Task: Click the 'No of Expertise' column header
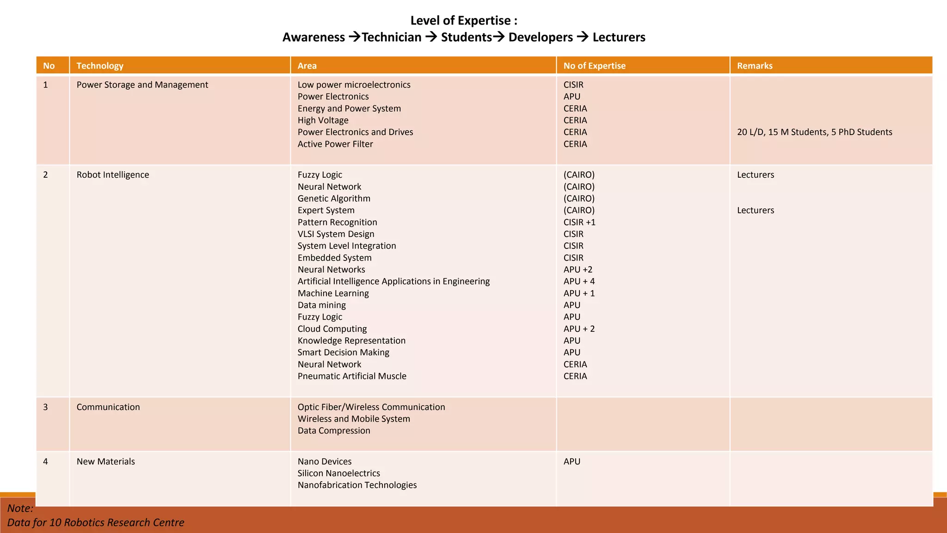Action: [594, 66]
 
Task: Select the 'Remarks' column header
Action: [755, 66]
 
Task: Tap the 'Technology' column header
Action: [100, 66]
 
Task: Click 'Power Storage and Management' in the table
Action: [142, 85]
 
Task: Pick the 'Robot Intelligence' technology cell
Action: [113, 175]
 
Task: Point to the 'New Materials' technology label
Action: [106, 461]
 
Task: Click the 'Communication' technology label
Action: [108, 407]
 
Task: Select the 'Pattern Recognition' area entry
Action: [337, 222]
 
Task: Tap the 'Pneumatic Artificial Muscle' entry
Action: [352, 376]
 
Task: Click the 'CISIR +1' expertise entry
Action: [579, 222]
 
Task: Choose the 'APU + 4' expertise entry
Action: [579, 281]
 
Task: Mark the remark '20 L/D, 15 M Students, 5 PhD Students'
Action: [814, 132]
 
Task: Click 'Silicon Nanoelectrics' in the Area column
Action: [338, 473]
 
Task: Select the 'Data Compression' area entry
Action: [334, 431]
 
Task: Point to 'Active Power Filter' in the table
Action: [335, 144]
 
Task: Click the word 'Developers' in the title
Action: [541, 37]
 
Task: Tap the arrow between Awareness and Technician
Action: [354, 37]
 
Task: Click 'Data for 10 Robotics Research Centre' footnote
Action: [96, 522]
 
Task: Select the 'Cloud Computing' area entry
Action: [332, 329]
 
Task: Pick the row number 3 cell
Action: [45, 407]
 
